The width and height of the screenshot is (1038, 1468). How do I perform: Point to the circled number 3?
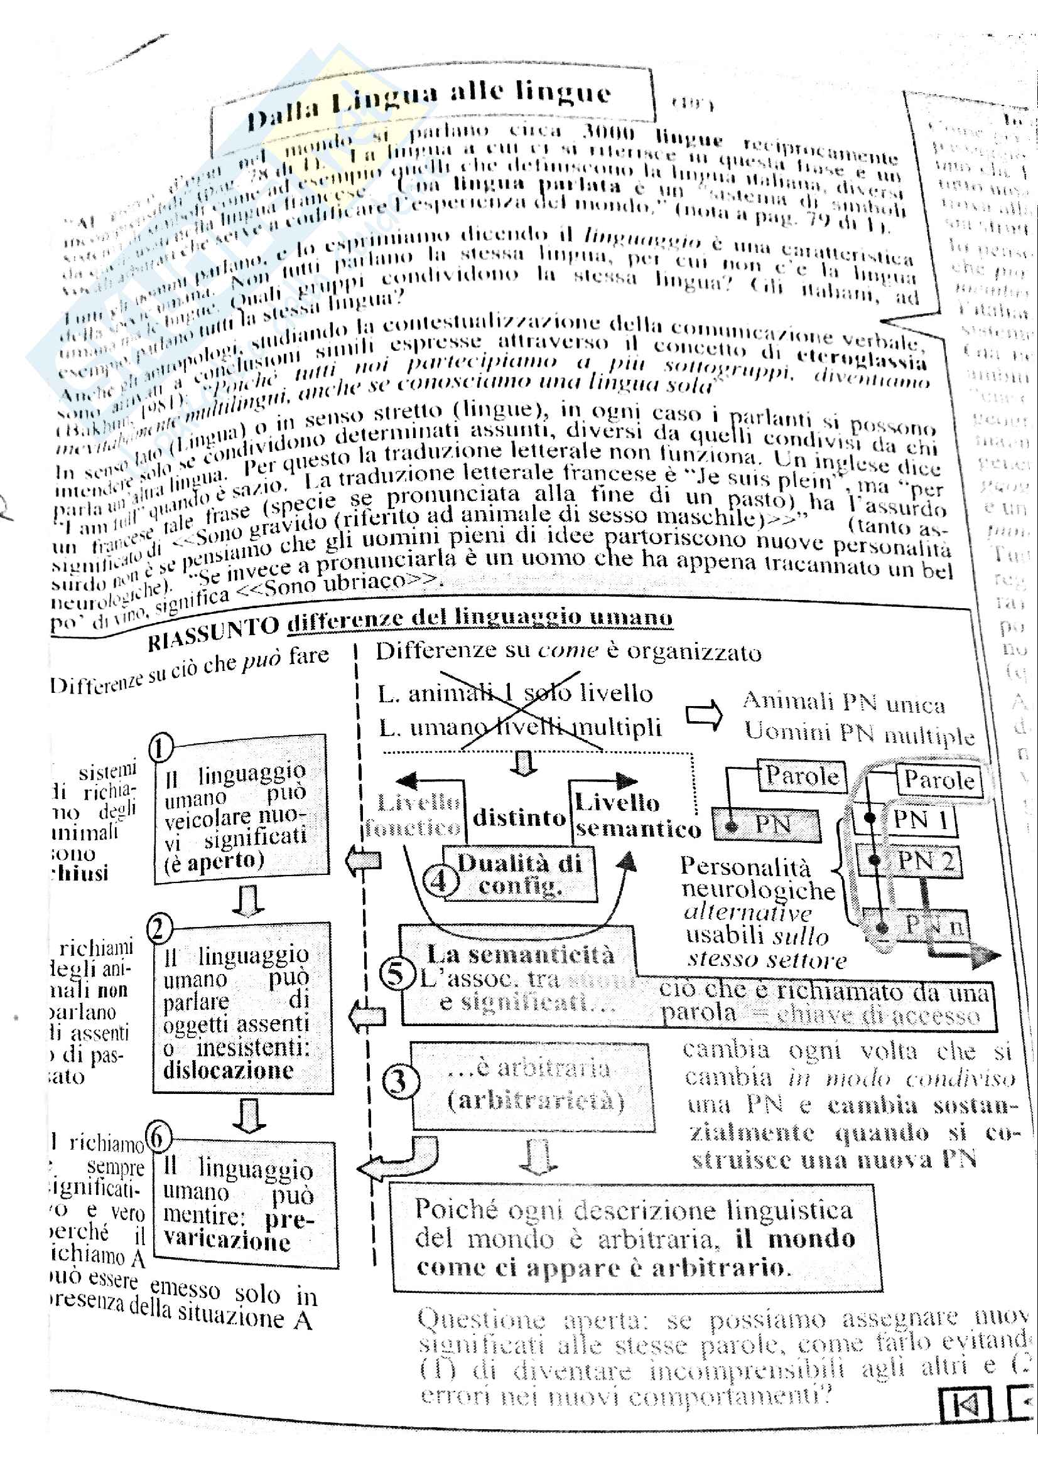click(401, 1082)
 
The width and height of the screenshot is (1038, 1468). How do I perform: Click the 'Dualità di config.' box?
click(520, 874)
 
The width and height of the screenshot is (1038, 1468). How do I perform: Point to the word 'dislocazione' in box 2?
click(228, 1070)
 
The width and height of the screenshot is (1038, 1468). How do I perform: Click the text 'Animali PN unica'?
click(843, 703)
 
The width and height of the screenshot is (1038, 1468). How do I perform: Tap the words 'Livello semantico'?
click(636, 816)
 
